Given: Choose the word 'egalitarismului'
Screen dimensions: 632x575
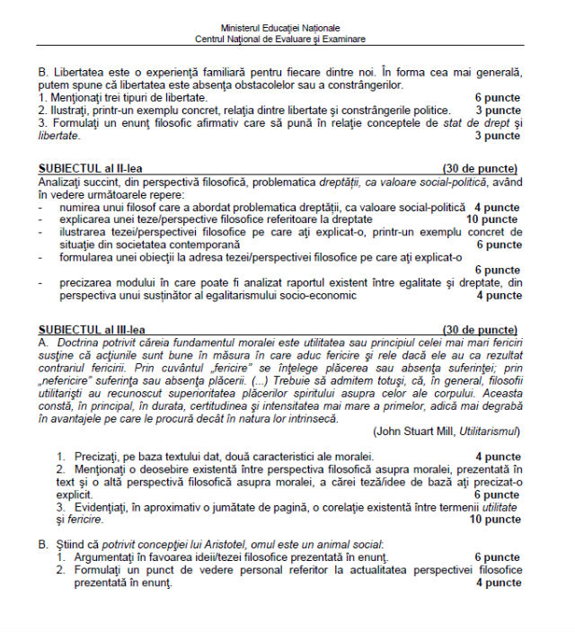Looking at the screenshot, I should [248, 295].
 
